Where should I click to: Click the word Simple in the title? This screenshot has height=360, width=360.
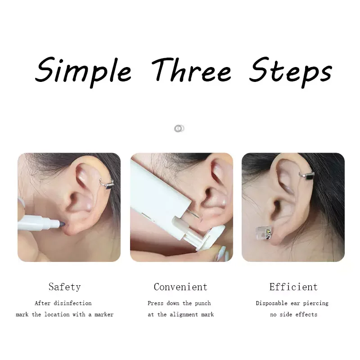pos(83,72)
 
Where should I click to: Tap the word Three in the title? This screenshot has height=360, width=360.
pos(191,70)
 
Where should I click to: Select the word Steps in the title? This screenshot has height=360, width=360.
pos(291,72)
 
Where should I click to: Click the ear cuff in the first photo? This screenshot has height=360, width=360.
pos(107,184)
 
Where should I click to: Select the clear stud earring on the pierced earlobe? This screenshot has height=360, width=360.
pos(265,233)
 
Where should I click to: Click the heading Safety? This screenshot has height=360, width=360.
pos(64,287)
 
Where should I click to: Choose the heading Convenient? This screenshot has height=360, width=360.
pos(180,287)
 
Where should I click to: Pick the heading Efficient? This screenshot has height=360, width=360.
pos(293,287)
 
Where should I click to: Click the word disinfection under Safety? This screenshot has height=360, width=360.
pos(72,303)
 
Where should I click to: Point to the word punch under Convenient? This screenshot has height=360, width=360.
pos(203,303)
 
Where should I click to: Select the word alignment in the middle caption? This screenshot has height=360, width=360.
pos(184,315)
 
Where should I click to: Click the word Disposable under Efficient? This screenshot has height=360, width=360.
pos(271,303)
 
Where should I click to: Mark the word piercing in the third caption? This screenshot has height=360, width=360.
pos(316,303)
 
